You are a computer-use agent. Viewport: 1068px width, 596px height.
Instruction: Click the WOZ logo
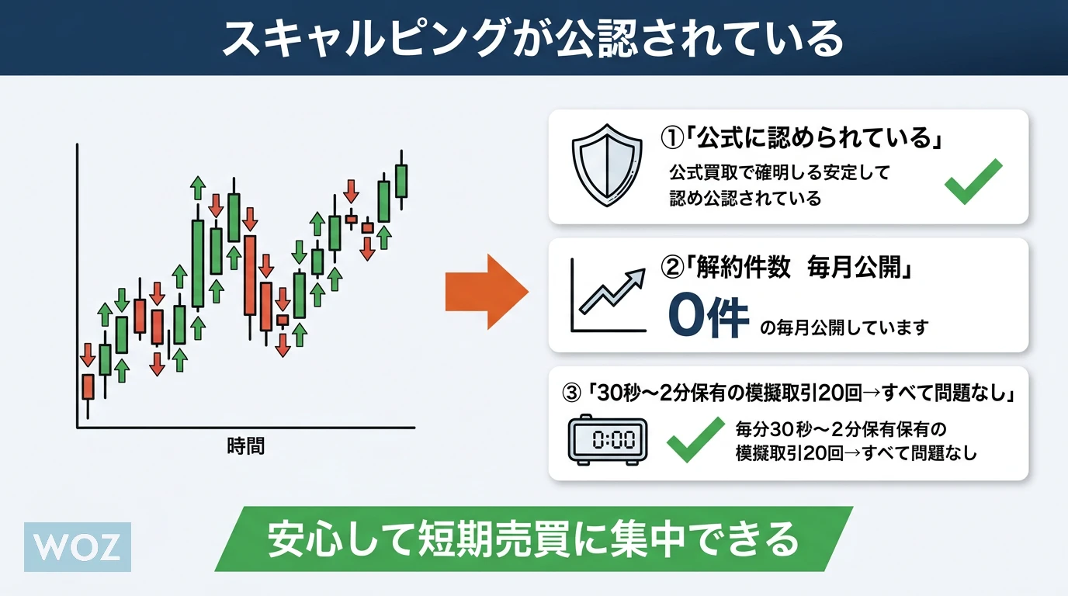(x=78, y=547)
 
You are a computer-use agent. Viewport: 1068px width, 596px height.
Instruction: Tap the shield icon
(x=606, y=165)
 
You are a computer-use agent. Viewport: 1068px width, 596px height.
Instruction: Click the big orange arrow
(x=487, y=292)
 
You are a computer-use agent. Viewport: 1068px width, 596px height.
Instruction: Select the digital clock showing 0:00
(x=608, y=439)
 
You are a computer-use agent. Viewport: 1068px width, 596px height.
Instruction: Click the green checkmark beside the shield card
(x=973, y=181)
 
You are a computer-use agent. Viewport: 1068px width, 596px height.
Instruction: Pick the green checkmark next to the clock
(x=695, y=439)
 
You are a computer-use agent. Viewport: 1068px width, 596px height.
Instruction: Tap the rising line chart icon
(x=609, y=295)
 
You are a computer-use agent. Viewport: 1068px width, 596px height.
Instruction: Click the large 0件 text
(x=708, y=317)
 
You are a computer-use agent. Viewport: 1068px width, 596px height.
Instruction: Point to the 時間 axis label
(x=245, y=446)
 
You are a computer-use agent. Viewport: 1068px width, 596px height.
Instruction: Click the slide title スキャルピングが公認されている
(x=533, y=38)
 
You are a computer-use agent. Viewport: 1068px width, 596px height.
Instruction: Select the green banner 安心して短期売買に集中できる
(x=533, y=539)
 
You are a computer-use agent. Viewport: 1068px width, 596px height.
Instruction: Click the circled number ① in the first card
(x=672, y=139)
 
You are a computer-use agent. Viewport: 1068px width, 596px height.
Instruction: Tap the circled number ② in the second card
(x=672, y=267)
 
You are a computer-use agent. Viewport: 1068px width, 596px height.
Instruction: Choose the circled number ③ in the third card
(x=572, y=393)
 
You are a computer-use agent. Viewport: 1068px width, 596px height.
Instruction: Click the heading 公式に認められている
(x=814, y=138)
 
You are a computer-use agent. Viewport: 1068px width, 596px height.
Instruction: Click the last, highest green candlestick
(x=401, y=180)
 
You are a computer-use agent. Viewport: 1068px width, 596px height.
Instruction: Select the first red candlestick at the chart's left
(x=88, y=386)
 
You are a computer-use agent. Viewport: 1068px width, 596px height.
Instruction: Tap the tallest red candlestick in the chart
(x=250, y=275)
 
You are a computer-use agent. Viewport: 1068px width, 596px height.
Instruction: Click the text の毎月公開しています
(x=844, y=327)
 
